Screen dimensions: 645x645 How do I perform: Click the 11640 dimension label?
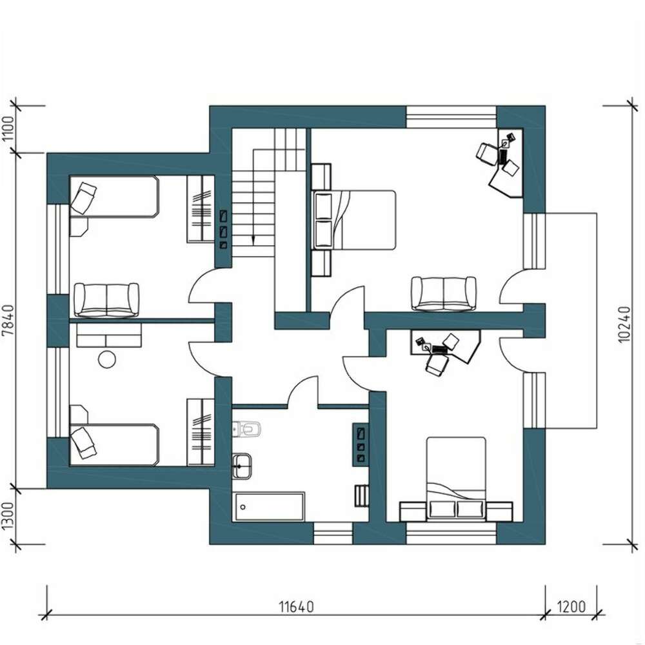(296, 607)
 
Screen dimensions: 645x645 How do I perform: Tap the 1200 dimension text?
(571, 607)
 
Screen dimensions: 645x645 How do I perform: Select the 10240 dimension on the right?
(624, 324)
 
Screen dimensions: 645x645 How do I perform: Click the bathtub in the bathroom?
(270, 507)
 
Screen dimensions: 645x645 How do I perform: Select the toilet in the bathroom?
(247, 429)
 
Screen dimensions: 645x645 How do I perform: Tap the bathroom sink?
(242, 466)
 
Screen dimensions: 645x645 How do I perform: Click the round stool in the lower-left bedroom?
(107, 359)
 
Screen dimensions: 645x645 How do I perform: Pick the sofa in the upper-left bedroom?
(106, 300)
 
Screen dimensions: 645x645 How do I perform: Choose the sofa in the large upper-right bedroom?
(444, 293)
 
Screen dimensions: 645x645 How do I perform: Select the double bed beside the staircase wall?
(354, 220)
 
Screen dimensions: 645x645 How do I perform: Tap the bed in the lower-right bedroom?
(456, 479)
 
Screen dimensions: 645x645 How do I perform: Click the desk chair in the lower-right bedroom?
(437, 364)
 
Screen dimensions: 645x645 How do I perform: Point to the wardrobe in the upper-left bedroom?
(201, 209)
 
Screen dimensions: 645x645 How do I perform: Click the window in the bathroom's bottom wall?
(333, 533)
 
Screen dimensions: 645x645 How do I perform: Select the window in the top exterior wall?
(451, 117)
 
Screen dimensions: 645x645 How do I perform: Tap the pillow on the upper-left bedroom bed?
(83, 198)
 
